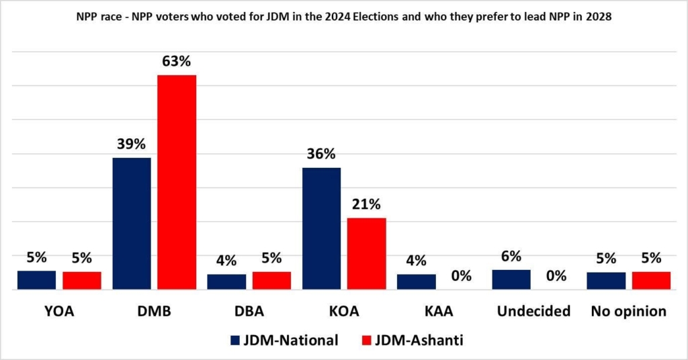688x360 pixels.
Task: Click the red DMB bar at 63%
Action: coord(177,182)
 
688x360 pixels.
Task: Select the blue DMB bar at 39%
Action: coord(132,224)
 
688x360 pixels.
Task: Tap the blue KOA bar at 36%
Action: coord(321,228)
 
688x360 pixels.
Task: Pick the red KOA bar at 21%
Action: coord(367,254)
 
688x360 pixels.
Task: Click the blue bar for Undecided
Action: coord(511,279)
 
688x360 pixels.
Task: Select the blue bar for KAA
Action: coord(416,281)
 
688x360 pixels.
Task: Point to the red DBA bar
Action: coord(271,280)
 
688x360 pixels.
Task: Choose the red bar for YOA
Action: coord(82,280)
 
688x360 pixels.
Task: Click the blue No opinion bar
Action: coord(606,281)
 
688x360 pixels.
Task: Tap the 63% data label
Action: coord(177,61)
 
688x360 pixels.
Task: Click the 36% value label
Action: coord(321,154)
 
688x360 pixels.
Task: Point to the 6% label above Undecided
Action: coord(511,257)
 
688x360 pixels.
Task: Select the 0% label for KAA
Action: coord(462,275)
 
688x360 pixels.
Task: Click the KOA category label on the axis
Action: coord(344,311)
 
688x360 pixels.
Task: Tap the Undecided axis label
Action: coord(534,311)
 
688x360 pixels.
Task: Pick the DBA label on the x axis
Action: coord(249,311)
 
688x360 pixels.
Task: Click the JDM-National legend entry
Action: coord(284,340)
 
